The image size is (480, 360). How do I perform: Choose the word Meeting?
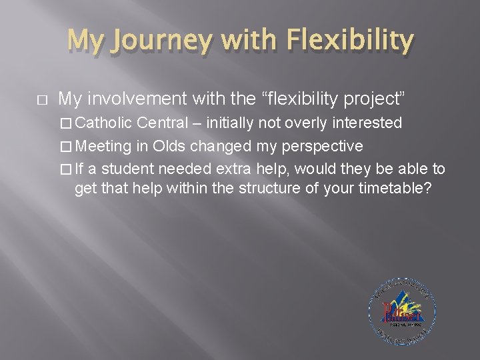click(109, 145)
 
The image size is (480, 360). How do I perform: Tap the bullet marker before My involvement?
click(41, 100)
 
